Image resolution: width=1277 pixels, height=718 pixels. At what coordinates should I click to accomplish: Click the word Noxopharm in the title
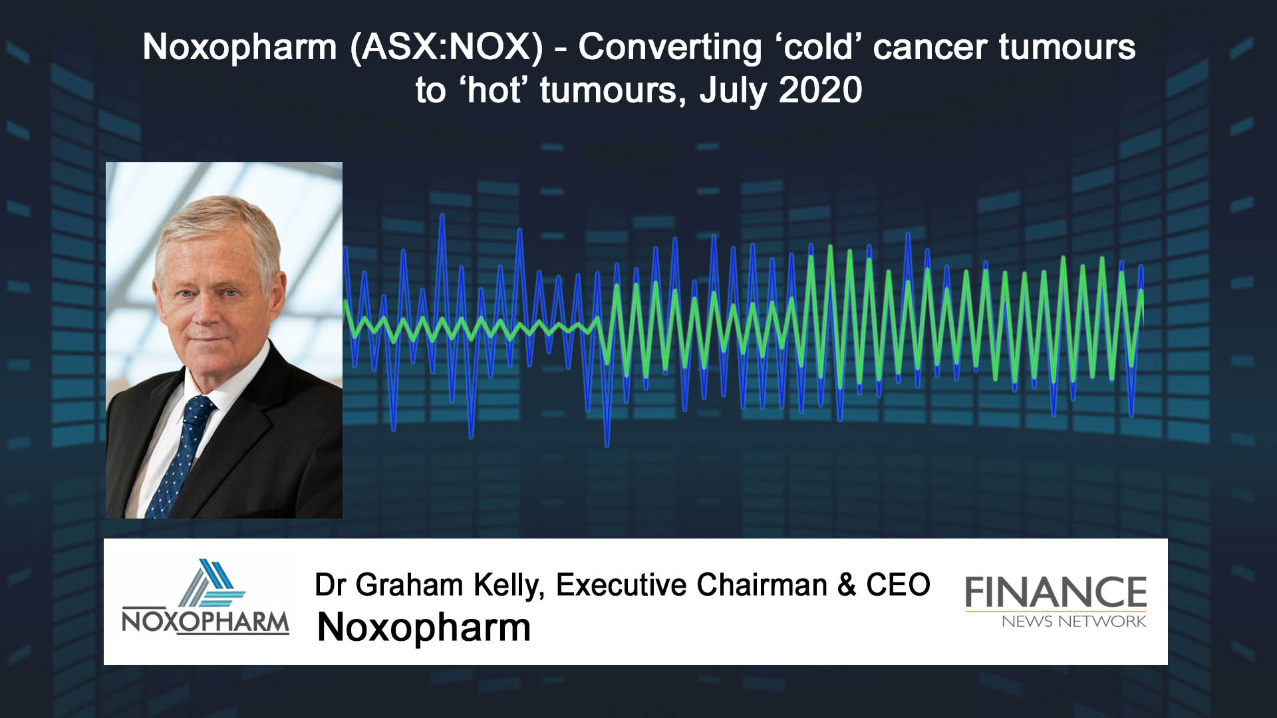pos(240,47)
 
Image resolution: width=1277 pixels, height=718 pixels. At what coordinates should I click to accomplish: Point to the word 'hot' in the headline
pos(491,90)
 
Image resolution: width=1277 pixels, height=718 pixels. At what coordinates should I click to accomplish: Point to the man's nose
pos(213,312)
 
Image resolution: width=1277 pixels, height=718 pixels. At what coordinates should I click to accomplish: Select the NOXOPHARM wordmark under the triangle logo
pos(206,623)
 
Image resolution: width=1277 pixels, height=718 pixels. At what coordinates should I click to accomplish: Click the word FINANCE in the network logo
pos(1056,592)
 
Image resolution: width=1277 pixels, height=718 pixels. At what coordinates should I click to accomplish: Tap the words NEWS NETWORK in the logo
pos(1073,622)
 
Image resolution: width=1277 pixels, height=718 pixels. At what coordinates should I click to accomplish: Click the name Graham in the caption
pos(410,585)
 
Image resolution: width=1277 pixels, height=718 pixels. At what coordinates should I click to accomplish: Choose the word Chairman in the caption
pos(762,585)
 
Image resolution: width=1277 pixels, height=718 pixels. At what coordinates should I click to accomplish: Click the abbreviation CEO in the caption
pos(898,585)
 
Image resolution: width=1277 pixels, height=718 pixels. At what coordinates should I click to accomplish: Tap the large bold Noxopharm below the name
pos(424,628)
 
